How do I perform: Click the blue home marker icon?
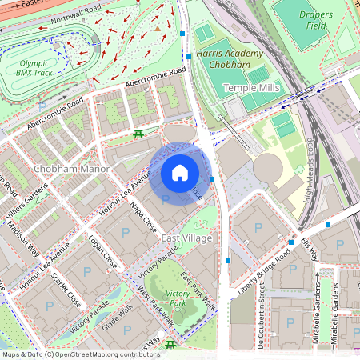(180, 173)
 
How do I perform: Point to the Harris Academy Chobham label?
(229, 59)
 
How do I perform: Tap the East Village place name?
(186, 238)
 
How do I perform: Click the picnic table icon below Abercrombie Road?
(139, 134)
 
